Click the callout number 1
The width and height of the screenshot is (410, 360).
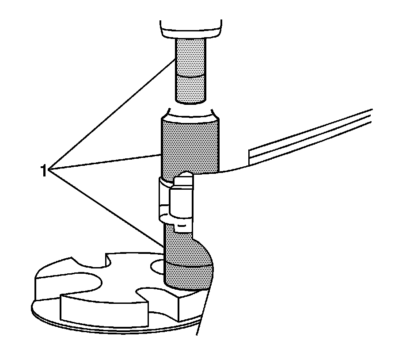click(x=43, y=170)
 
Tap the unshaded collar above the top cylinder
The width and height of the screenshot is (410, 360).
click(x=191, y=29)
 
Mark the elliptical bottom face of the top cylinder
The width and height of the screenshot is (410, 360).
click(x=191, y=100)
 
